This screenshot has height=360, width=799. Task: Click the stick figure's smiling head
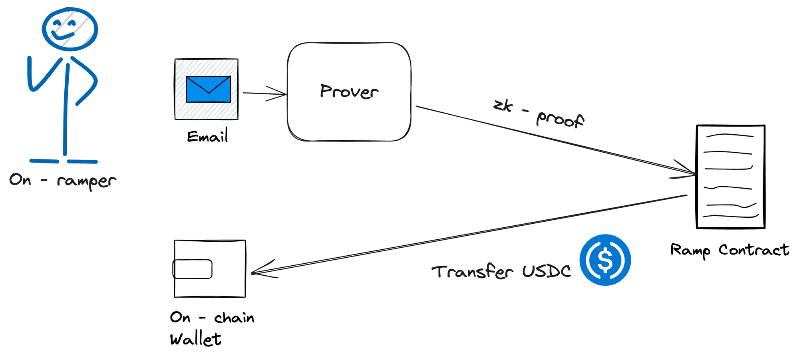pos(70,29)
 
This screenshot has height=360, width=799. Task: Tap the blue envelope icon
pos(208,89)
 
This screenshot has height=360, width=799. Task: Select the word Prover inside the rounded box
pos(349,91)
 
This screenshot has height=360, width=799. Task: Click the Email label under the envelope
pos(207,137)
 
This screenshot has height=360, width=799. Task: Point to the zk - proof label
pos(539,113)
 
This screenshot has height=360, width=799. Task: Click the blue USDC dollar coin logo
pos(605,260)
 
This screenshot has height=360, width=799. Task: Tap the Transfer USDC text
pos(501,272)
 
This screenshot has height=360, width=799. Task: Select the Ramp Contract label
pos(729,250)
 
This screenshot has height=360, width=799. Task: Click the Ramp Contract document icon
pos(730,177)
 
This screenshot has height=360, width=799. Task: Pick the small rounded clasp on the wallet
pos(192,269)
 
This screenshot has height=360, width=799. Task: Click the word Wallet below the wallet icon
pos(195,340)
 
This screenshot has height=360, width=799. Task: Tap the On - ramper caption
pos(63,181)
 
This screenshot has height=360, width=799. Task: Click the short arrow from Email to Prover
pos(264,94)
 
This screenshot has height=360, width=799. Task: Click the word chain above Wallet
pos(234,318)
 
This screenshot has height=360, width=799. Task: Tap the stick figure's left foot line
pos(44,161)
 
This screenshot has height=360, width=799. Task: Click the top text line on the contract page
pos(729,135)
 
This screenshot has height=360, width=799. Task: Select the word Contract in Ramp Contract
pos(753,250)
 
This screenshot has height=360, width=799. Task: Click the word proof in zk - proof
pos(560,119)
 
